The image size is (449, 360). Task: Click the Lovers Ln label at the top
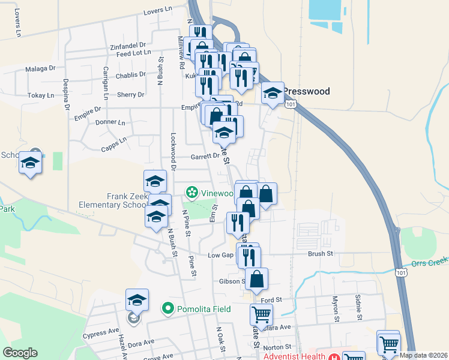[x=158, y=13]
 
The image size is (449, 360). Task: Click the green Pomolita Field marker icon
[x=169, y=309]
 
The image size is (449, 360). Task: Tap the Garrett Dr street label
[x=205, y=156]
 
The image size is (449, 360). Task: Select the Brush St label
[x=320, y=254]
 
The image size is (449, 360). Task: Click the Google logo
[x=20, y=353]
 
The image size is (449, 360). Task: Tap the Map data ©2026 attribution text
[x=424, y=355]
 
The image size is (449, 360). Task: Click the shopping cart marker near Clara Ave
[x=261, y=314]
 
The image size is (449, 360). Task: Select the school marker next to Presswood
[x=273, y=93]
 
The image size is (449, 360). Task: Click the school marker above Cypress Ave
[x=137, y=299]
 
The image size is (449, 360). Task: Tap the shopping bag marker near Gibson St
[x=256, y=279]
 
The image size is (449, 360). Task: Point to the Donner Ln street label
[x=110, y=122]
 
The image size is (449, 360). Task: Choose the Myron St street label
[x=336, y=305]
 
